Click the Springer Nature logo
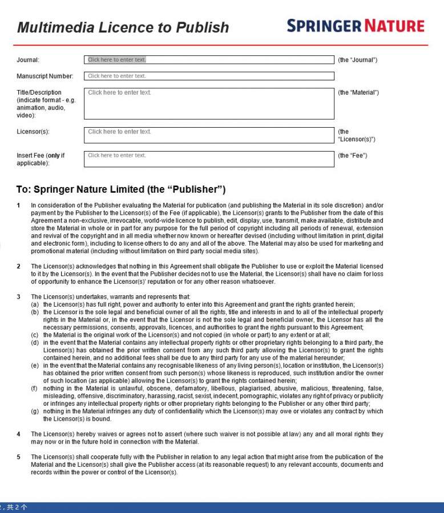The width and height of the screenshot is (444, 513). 356,26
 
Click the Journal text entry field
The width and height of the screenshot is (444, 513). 209,60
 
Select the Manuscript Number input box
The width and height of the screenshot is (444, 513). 209,76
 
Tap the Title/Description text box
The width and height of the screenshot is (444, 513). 209,103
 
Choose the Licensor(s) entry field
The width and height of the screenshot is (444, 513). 209,135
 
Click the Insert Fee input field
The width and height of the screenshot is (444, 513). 209,159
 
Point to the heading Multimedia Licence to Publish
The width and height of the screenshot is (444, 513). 123,27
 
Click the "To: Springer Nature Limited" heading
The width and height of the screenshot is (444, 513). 121,189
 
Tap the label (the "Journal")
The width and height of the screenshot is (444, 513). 358,60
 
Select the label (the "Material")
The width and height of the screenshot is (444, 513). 358,92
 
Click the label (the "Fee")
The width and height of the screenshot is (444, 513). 353,156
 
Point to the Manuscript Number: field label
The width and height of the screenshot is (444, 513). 45,76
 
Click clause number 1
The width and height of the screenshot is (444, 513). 18,205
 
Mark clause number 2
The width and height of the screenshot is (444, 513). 18,266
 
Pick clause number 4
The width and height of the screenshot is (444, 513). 18,434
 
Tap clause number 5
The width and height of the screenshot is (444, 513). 18,457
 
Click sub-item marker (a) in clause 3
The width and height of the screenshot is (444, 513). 35,304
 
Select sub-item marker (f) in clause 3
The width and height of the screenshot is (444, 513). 35,388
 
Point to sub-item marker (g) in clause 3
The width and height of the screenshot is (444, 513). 35,411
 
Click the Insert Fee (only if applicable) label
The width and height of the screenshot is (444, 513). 41,159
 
